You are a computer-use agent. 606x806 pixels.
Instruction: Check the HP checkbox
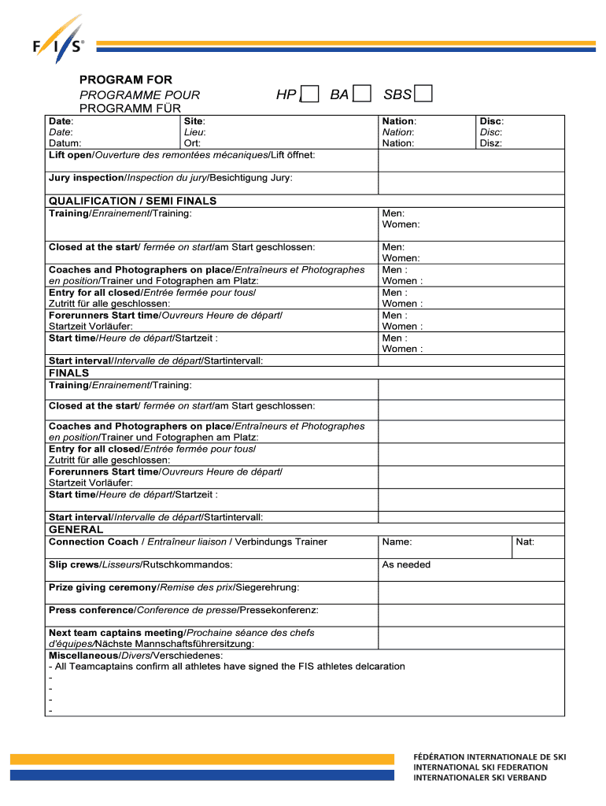point(310,95)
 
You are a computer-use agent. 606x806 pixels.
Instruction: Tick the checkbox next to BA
point(362,95)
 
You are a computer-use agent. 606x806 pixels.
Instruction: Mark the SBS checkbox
point(423,95)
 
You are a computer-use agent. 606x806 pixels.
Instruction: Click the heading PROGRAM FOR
point(126,80)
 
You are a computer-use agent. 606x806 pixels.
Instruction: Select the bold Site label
point(194,121)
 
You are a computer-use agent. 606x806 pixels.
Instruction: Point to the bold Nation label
point(399,121)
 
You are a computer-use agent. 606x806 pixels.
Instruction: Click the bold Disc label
point(491,121)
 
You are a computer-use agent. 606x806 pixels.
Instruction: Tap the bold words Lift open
point(71,154)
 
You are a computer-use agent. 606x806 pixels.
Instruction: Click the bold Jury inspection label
point(87,178)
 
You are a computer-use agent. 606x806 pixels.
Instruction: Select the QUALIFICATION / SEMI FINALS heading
point(132,201)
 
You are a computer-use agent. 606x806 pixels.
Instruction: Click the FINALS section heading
point(69,373)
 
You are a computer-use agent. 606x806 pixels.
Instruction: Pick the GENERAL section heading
point(76,530)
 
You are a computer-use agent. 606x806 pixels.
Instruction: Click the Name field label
point(397,542)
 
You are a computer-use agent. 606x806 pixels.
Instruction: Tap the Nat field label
point(525,542)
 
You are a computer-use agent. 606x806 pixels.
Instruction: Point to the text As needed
point(406,565)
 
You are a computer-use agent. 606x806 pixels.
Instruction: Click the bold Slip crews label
point(74,565)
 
